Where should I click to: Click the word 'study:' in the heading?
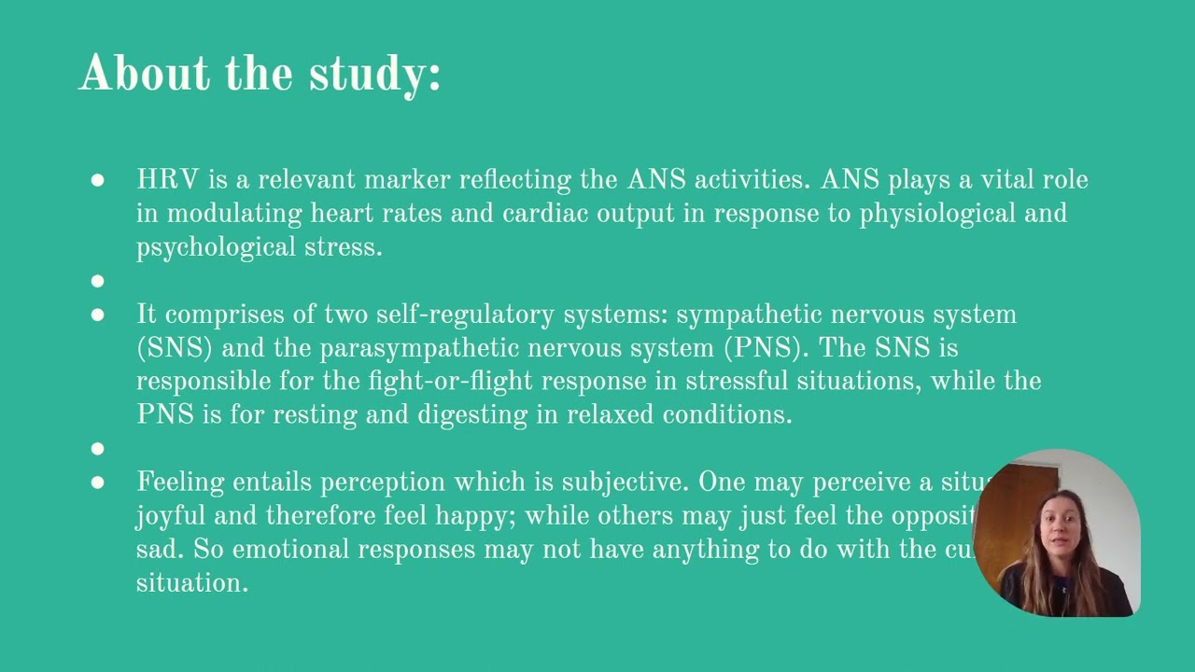(374, 75)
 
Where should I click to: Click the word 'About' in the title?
(145, 73)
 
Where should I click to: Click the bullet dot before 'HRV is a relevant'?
(98, 180)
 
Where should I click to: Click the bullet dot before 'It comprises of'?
(98, 315)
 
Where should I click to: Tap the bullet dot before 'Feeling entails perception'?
(98, 483)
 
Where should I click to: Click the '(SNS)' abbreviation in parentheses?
(175, 348)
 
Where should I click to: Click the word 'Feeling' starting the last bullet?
(181, 483)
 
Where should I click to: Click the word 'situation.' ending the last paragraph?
(191, 583)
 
